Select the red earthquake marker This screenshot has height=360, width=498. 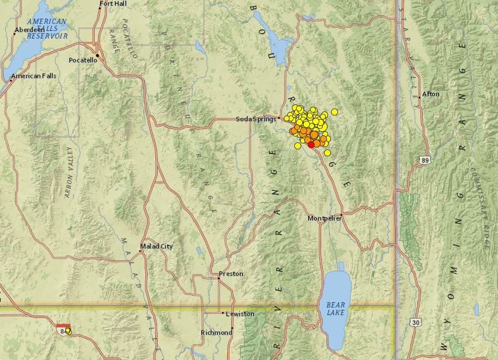point(311,144)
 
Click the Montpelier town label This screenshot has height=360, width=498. point(325,218)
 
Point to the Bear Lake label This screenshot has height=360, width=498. point(336,309)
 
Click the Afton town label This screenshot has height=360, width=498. point(430,94)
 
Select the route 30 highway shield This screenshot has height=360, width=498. point(415,322)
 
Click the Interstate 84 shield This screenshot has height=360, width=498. point(63,330)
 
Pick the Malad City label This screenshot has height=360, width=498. point(157,246)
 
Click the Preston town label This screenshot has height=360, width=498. point(231,274)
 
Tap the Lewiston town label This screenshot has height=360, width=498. point(240,314)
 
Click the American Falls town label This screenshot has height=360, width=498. point(34,76)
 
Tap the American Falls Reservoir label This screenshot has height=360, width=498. point(47,29)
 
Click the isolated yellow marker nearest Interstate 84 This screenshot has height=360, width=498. point(68,331)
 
